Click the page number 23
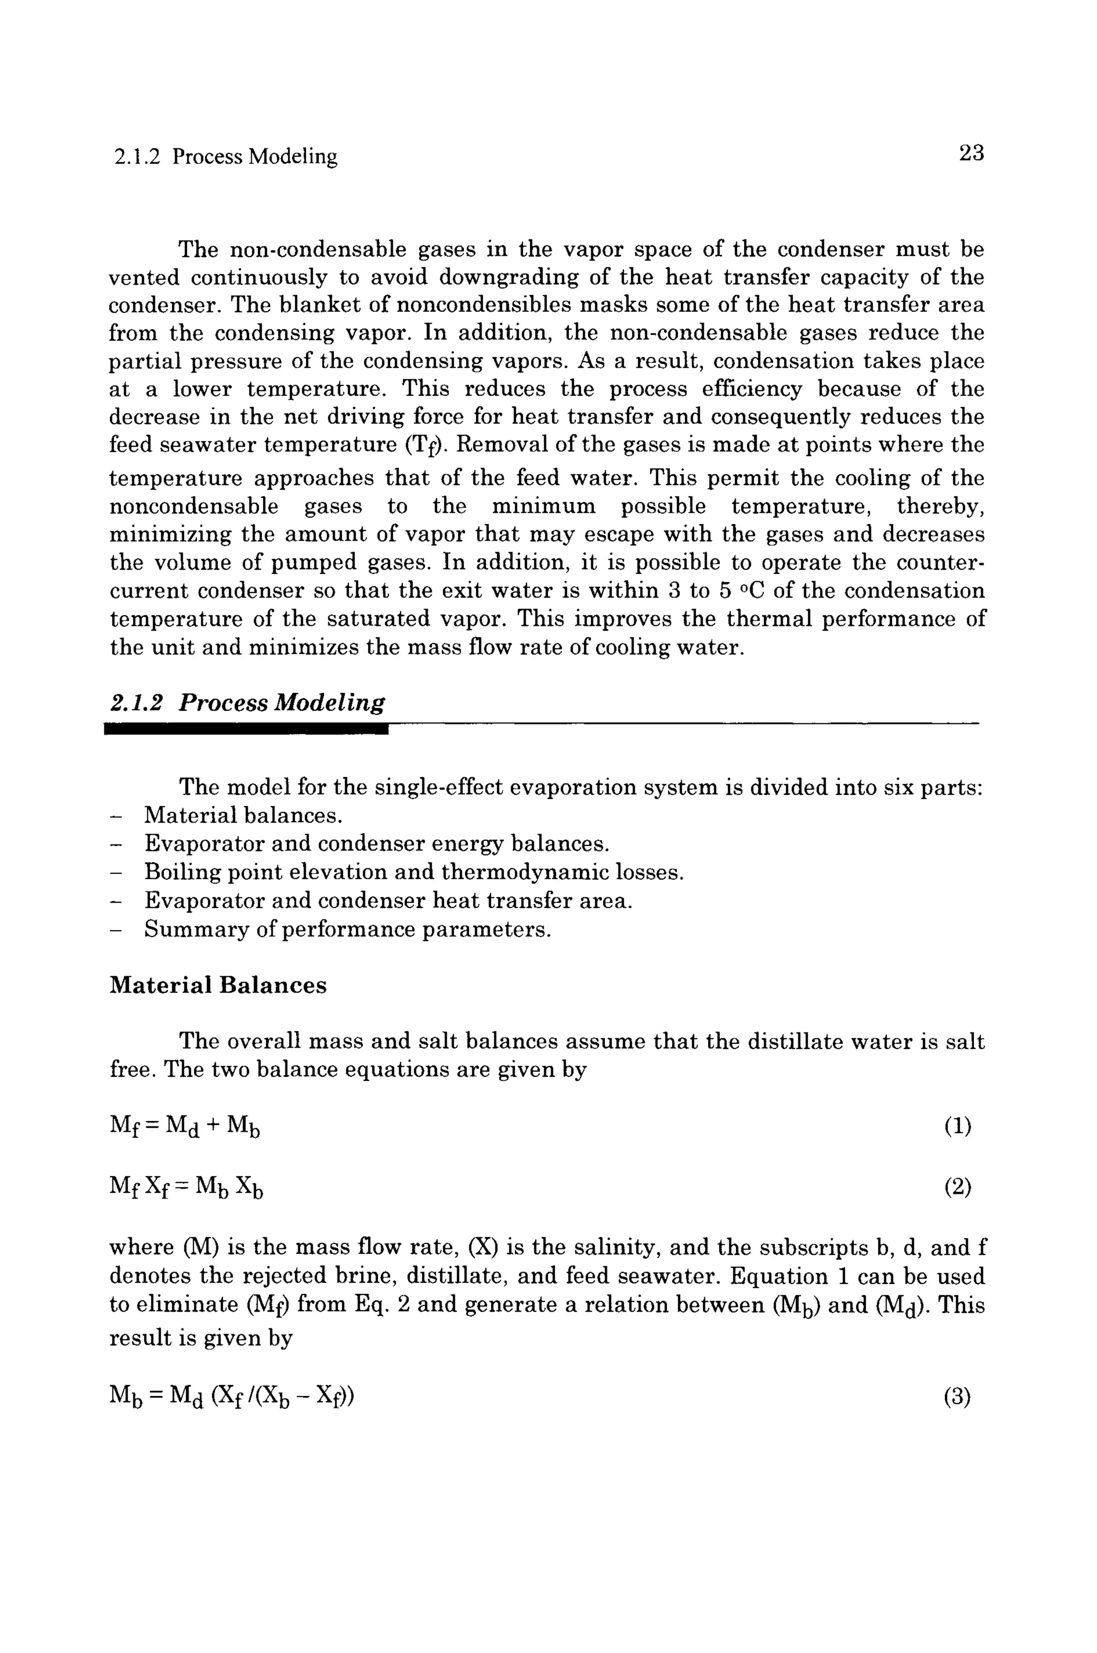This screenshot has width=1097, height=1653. (x=971, y=153)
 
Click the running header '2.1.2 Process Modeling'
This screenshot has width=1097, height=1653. (x=226, y=156)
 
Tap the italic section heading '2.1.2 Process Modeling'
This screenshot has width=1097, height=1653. (x=247, y=702)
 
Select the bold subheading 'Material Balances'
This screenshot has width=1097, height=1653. (x=219, y=985)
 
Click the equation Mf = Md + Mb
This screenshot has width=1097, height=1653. (x=185, y=1127)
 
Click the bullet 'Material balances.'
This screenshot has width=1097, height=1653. (x=244, y=816)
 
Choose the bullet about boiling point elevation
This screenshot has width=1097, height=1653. (x=414, y=872)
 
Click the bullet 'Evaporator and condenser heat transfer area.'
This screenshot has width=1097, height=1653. (x=388, y=901)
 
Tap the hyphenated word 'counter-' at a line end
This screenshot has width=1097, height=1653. (x=934, y=563)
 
